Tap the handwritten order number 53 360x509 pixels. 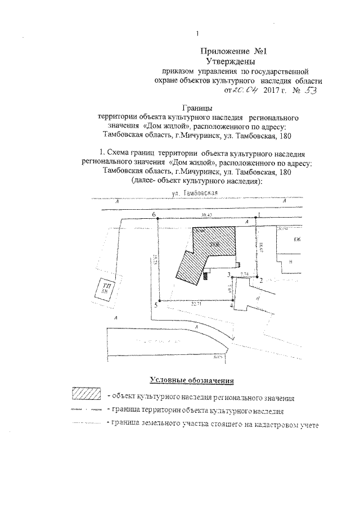click(x=308, y=90)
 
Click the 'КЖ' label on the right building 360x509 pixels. click(x=298, y=240)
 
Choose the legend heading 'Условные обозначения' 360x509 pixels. click(x=191, y=379)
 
